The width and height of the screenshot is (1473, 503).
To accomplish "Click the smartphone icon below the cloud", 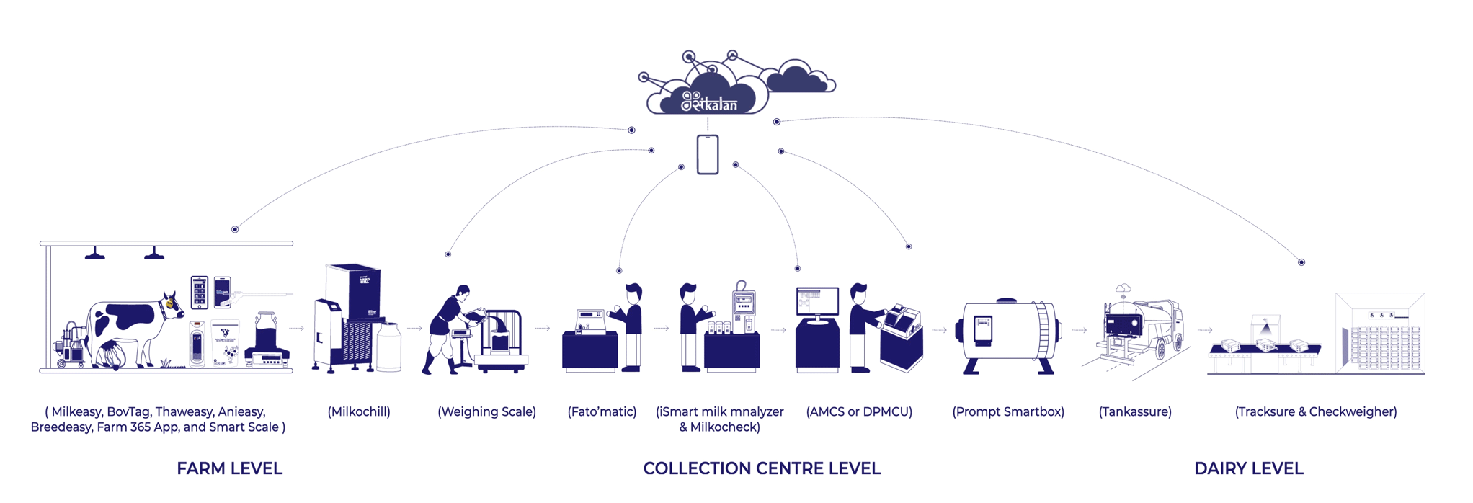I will [x=707, y=154].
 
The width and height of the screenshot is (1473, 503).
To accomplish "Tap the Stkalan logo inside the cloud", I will [x=711, y=102].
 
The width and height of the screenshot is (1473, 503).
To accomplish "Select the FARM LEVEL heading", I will [x=229, y=468].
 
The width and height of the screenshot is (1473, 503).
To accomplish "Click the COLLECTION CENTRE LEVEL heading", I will [x=761, y=468].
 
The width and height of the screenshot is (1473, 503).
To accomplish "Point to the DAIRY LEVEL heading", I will [x=1248, y=468].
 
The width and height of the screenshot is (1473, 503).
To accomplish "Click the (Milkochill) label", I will [x=359, y=411].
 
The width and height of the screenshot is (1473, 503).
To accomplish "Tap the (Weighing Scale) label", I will [x=486, y=411].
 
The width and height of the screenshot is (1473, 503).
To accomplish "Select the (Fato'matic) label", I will [x=602, y=411].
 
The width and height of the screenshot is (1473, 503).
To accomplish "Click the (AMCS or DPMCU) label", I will [x=859, y=411].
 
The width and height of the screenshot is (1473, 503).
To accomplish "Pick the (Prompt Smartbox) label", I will [x=1007, y=411].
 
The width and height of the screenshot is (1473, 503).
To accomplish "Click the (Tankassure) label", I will [x=1135, y=411].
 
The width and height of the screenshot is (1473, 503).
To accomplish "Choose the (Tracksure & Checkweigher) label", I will [x=1315, y=411].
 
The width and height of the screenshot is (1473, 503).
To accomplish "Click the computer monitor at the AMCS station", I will [x=817, y=301].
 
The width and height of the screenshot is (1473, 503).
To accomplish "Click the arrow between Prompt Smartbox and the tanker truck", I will [x=1080, y=330].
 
